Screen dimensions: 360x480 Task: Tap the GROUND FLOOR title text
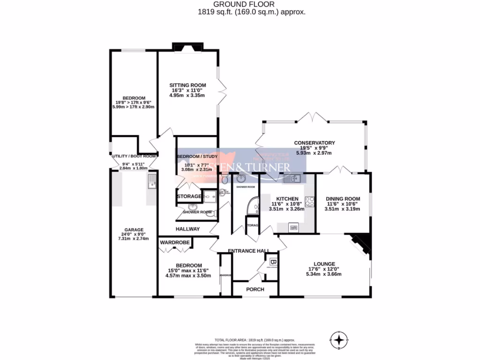click(x=240, y=5)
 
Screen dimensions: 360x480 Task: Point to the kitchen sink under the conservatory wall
click(x=292, y=178)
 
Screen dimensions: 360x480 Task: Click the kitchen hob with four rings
click(x=310, y=202)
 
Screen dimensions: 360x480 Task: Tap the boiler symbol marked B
click(x=272, y=261)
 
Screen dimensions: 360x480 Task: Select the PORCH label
click(x=256, y=289)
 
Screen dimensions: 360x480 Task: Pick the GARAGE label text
click(x=134, y=230)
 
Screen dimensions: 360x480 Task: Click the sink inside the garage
click(x=151, y=180)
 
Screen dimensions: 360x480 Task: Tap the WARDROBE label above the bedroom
click(x=174, y=243)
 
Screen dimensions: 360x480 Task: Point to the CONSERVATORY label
click(x=314, y=143)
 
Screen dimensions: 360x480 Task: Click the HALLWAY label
click(x=187, y=229)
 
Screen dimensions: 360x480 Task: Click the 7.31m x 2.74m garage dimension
click(x=134, y=239)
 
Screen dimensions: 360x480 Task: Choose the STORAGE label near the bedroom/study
click(x=189, y=196)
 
